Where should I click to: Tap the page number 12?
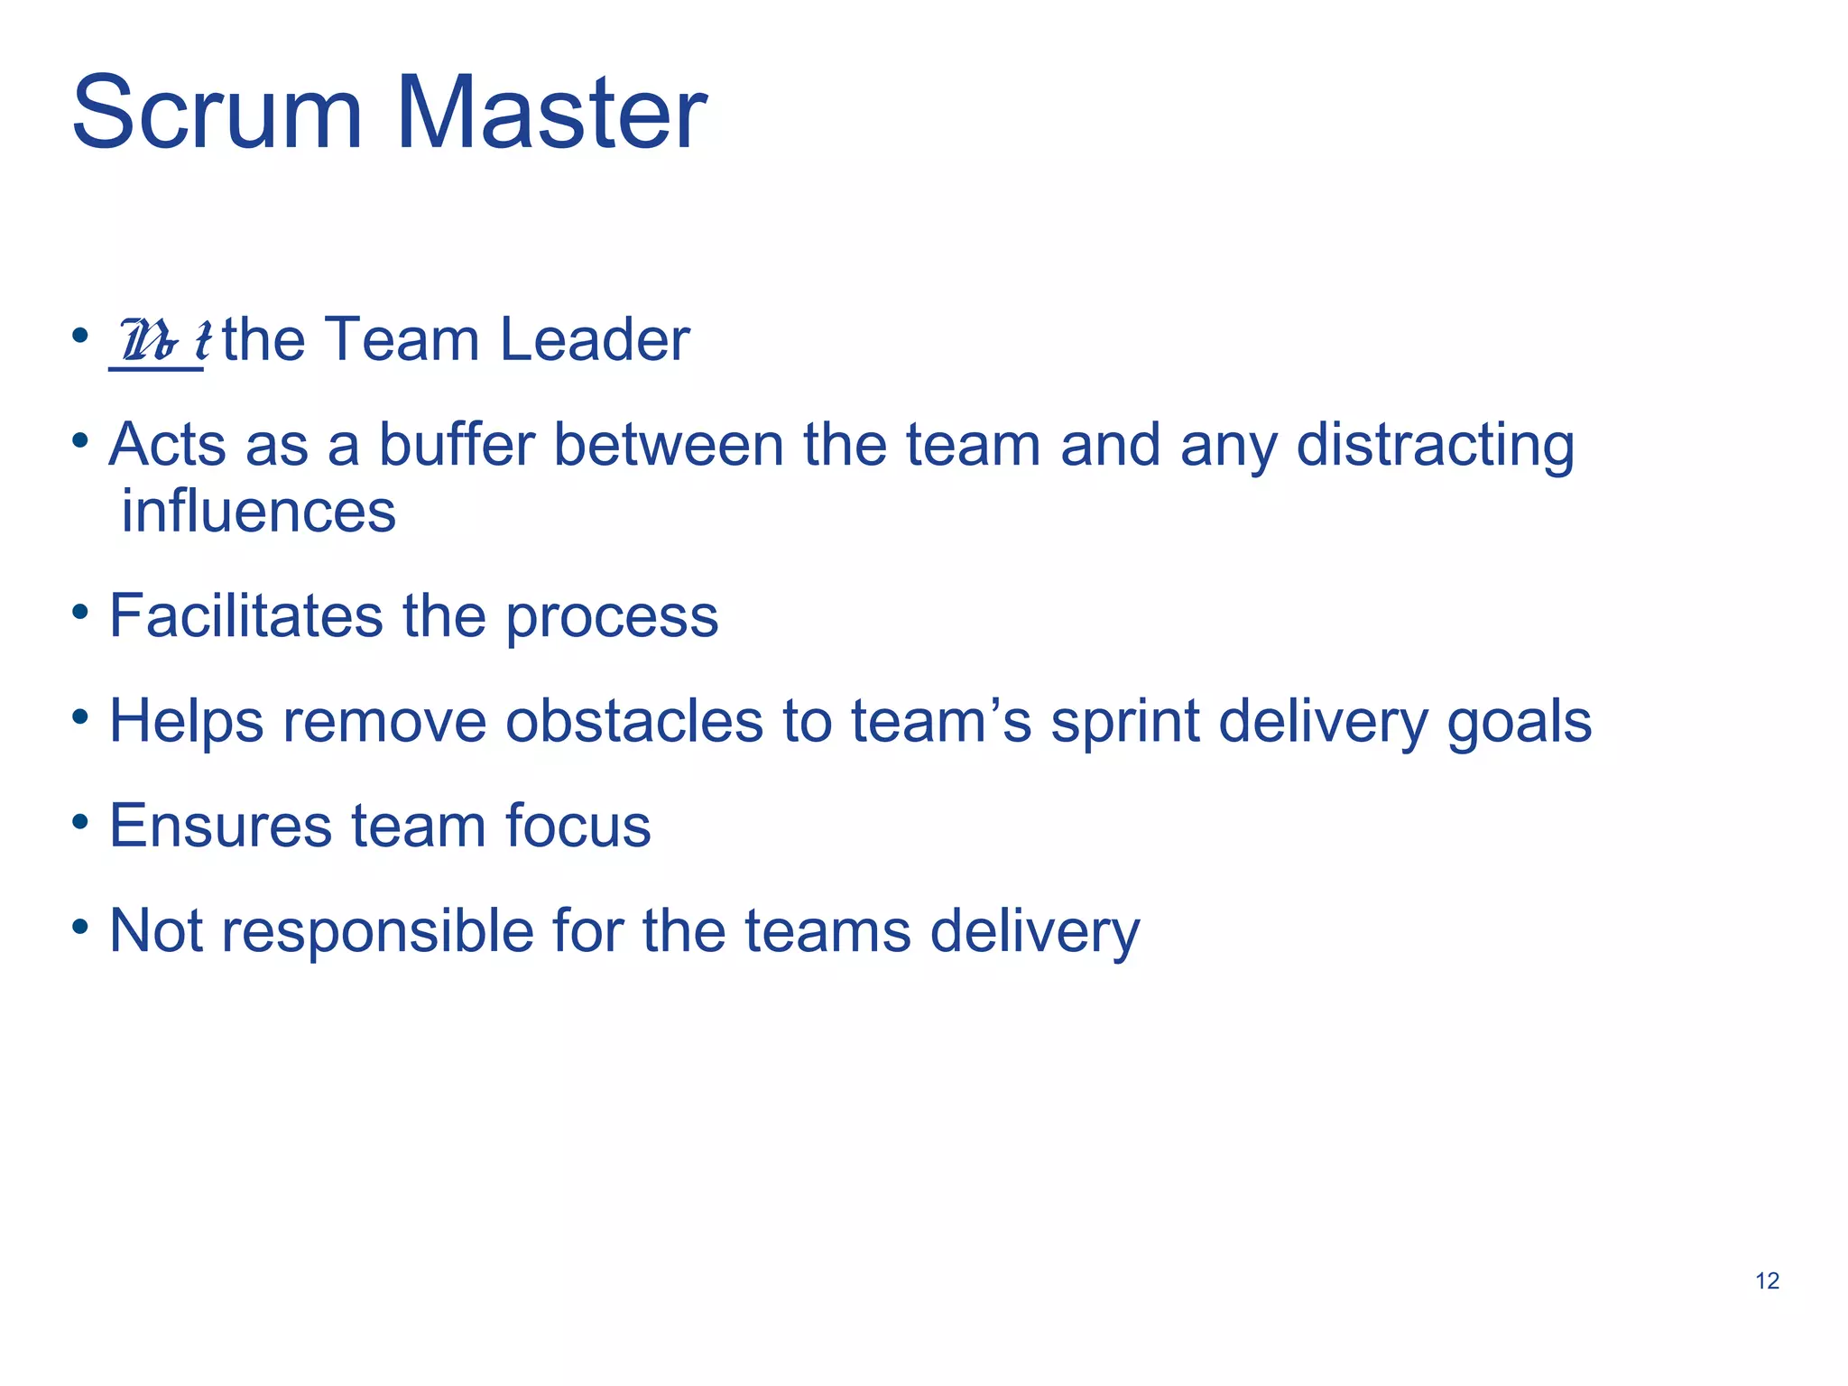coord(1767,1280)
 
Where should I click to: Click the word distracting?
coord(1435,446)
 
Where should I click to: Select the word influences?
coord(258,511)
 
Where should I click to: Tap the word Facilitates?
coord(245,615)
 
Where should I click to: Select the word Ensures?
coord(220,826)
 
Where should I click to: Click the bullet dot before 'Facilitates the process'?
coord(80,613)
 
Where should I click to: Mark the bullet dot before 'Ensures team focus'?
coord(80,822)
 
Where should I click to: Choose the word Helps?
coord(186,722)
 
